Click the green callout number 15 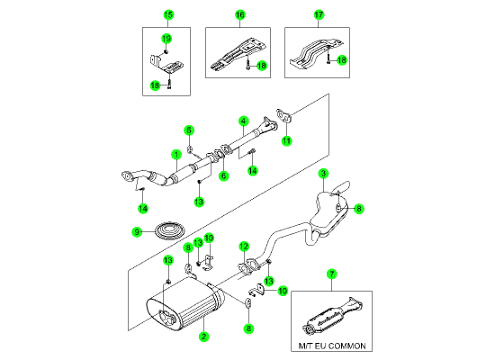tap(168, 14)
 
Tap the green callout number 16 tap(240, 14)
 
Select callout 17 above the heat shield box tap(319, 14)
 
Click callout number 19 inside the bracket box tap(166, 39)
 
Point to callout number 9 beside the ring tap(137, 232)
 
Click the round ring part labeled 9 tap(170, 231)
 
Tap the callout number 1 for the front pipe tap(176, 155)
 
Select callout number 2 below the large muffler tap(204, 337)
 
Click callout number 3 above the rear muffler tap(323, 174)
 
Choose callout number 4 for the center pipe tap(243, 121)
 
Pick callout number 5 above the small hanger tap(189, 130)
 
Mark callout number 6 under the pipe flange tap(223, 175)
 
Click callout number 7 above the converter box tap(332, 274)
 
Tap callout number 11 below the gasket tap(286, 140)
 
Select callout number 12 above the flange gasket tap(244, 247)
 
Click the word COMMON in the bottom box tap(349, 346)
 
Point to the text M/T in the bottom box tap(306, 346)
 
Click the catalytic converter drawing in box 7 tap(332, 317)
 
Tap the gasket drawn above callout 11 tap(284, 115)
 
